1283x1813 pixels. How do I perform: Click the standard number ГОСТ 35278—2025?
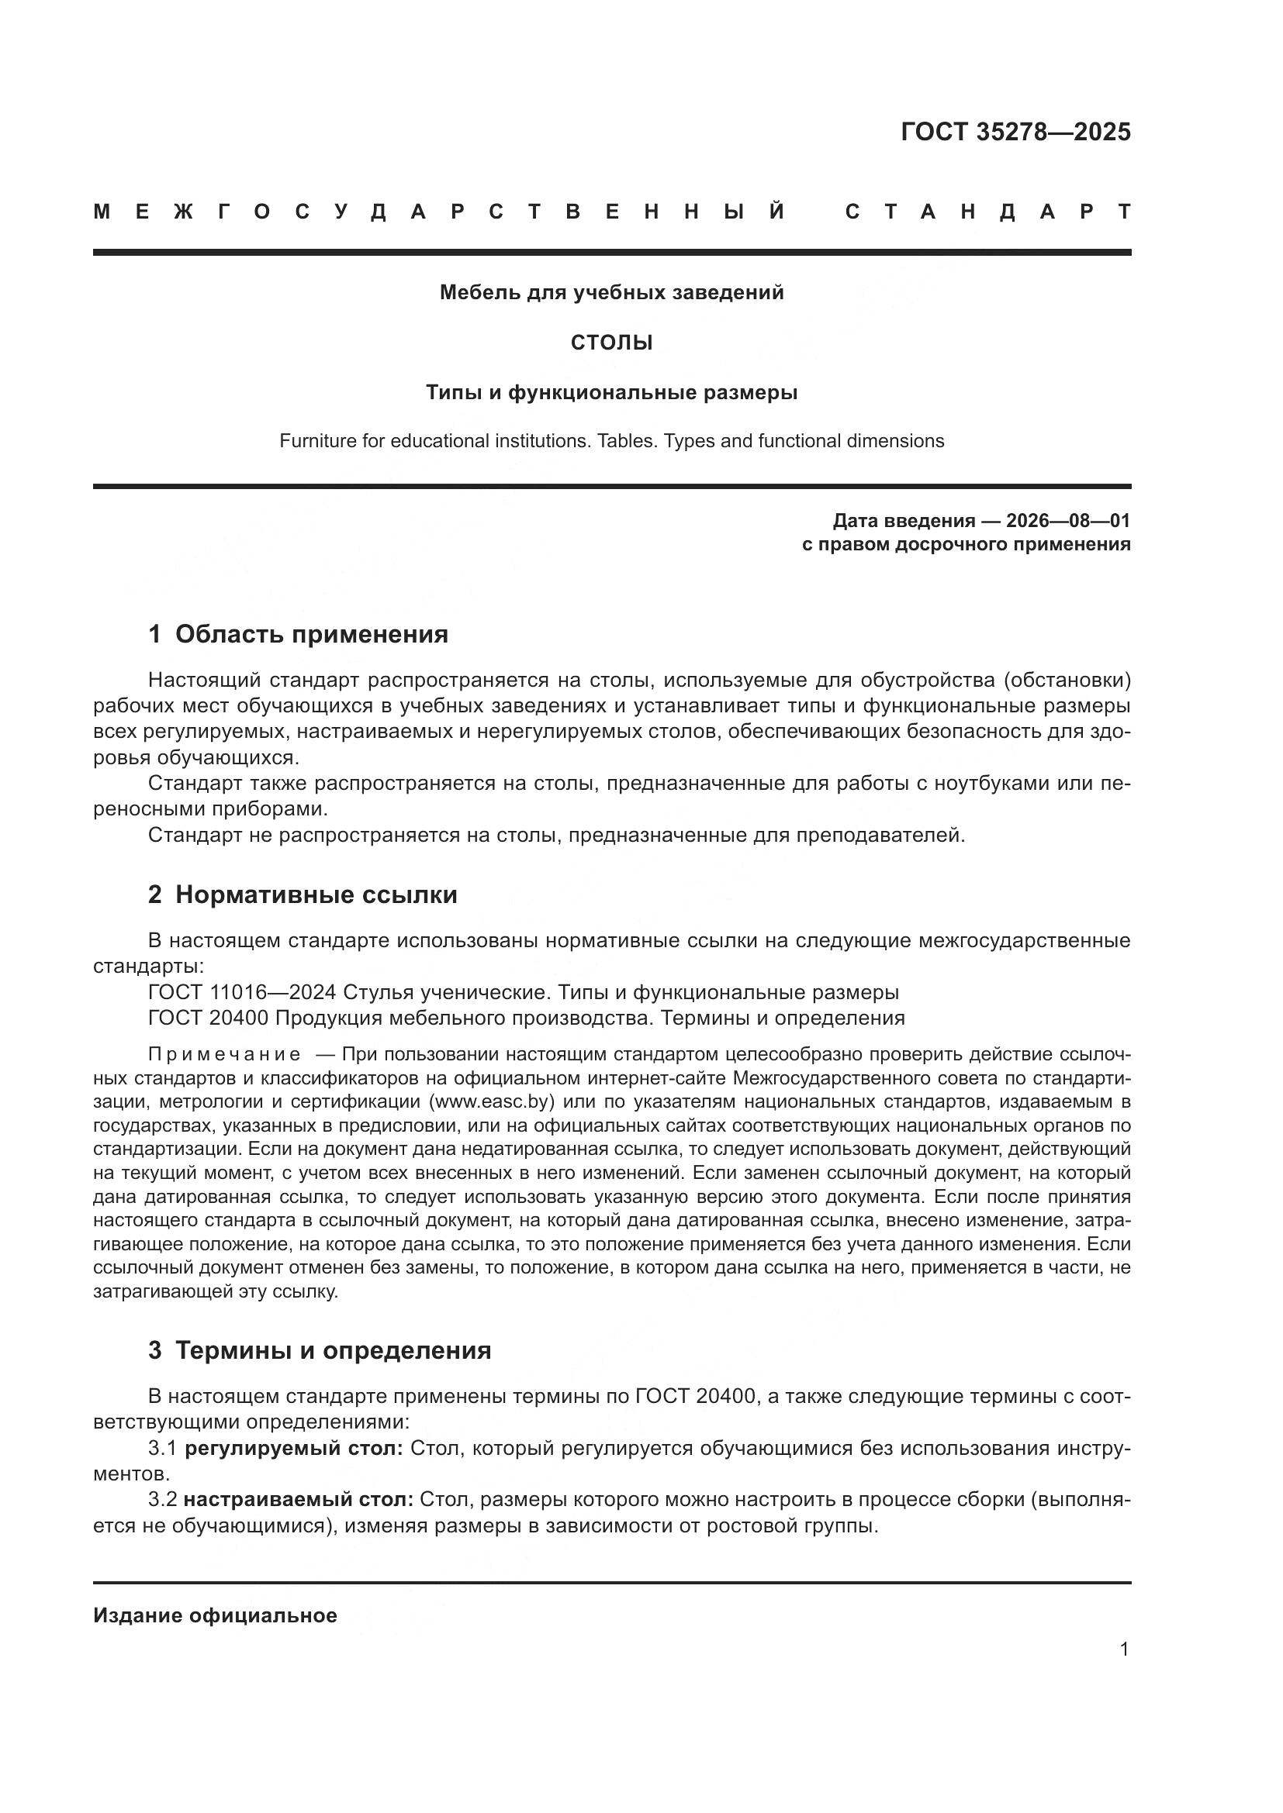(1015, 132)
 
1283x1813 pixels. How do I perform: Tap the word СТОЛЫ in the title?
(611, 343)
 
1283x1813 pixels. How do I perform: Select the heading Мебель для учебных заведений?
(611, 293)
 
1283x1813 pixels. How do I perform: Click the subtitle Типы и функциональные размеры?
(611, 392)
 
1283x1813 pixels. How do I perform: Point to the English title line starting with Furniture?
(611, 440)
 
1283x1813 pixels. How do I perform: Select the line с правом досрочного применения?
(966, 544)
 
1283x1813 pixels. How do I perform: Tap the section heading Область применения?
(311, 634)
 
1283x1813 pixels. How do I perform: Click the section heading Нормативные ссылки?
(316, 894)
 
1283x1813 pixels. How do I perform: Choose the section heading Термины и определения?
(333, 1350)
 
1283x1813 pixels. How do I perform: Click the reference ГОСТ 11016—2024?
(242, 993)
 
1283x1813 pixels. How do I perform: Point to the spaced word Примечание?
(224, 1055)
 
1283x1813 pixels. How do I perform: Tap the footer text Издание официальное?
(215, 1616)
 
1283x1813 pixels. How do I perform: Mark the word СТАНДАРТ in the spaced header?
(987, 212)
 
